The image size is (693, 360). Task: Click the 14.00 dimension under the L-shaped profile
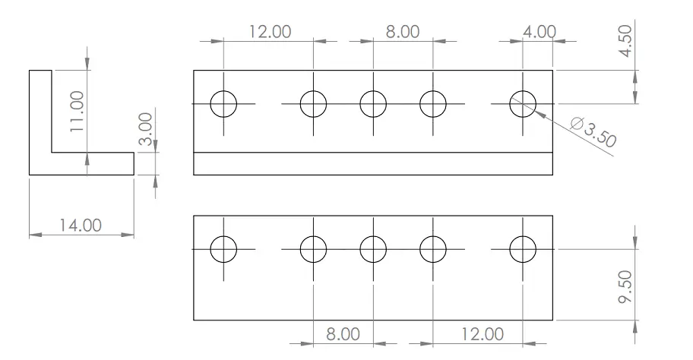click(x=81, y=226)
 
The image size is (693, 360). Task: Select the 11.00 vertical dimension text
click(x=76, y=112)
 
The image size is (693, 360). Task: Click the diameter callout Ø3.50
click(x=592, y=131)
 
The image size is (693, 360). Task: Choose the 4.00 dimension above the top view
click(x=540, y=32)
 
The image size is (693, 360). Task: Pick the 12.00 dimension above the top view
click(x=269, y=32)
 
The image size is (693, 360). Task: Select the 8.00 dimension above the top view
click(x=402, y=32)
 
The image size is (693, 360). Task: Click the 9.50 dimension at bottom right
click(x=625, y=286)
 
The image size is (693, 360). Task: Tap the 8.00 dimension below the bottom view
click(x=343, y=333)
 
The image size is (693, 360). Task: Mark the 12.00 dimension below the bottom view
click(x=480, y=333)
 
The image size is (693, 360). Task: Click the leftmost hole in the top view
click(x=224, y=103)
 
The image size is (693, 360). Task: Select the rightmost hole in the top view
click(x=523, y=103)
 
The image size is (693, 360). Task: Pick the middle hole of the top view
click(x=372, y=103)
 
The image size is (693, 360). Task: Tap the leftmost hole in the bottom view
click(x=224, y=248)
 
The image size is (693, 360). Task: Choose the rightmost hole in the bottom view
click(x=523, y=248)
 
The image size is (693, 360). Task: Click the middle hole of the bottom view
click(x=372, y=248)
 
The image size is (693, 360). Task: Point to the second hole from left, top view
click(x=313, y=103)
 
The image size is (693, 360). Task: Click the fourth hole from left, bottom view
click(x=432, y=248)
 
